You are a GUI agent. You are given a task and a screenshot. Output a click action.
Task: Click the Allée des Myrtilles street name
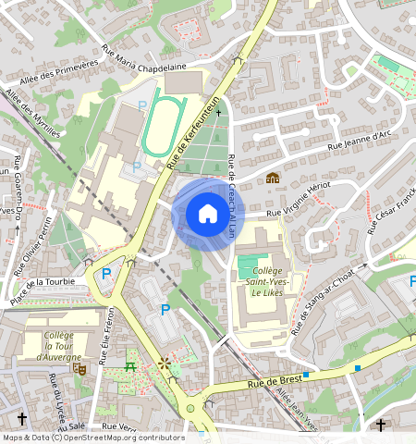33,113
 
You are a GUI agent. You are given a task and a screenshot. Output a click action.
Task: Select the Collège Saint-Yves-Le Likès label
260,280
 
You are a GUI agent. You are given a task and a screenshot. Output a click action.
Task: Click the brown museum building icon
273,177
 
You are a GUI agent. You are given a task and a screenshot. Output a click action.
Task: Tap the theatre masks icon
80,367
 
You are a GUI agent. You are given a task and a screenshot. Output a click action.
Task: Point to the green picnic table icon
130,366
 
